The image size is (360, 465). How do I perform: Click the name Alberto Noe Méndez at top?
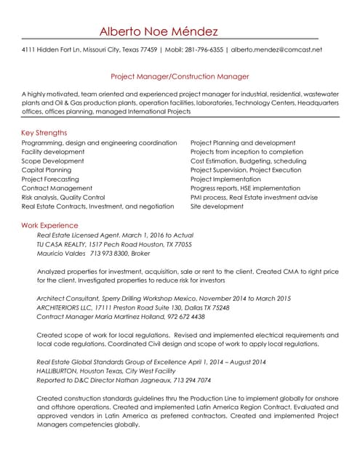pos(158,31)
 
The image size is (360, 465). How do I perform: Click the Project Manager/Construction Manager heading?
pos(180,76)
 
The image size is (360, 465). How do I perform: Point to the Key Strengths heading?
pos(44,133)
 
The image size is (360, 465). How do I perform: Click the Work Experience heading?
pos(50,226)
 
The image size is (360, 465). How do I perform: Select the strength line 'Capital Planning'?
pos(47,170)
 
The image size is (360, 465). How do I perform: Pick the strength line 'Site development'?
pos(217,206)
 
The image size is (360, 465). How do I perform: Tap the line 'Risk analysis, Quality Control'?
pos(63,197)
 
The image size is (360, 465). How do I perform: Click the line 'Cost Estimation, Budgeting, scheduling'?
pos(248,161)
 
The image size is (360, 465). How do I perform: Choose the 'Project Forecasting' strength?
pos(50,179)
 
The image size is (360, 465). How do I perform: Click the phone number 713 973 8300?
pos(109,254)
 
